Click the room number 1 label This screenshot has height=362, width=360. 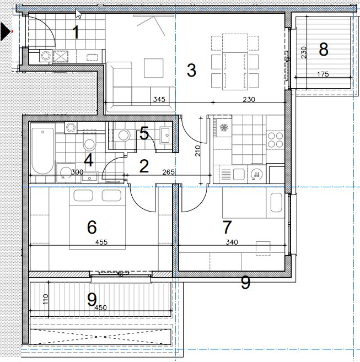tap(76, 33)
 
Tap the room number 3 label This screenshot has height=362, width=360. tap(191, 71)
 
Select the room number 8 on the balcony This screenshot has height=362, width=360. tap(323, 49)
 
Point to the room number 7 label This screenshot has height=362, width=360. tap(227, 227)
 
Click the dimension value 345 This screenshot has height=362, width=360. tap(159, 99)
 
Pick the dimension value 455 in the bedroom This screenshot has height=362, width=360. tap(101, 242)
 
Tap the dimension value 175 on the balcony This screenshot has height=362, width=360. tap(323, 74)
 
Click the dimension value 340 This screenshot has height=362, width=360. tap(232, 242)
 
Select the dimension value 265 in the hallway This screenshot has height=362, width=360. tap(169, 172)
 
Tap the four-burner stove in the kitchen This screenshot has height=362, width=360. tap(276, 139)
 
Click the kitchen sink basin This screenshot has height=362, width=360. tap(239, 174)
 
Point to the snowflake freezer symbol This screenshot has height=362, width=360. tap(224, 127)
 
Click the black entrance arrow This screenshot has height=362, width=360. tap(6, 31)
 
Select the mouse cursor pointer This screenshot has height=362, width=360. tap(79, 13)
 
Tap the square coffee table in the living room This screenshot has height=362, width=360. tap(153, 68)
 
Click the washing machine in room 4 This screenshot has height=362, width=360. tap(65, 172)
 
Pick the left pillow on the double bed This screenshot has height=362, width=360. tap(83, 196)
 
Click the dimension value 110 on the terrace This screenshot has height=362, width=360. tap(46, 299)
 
